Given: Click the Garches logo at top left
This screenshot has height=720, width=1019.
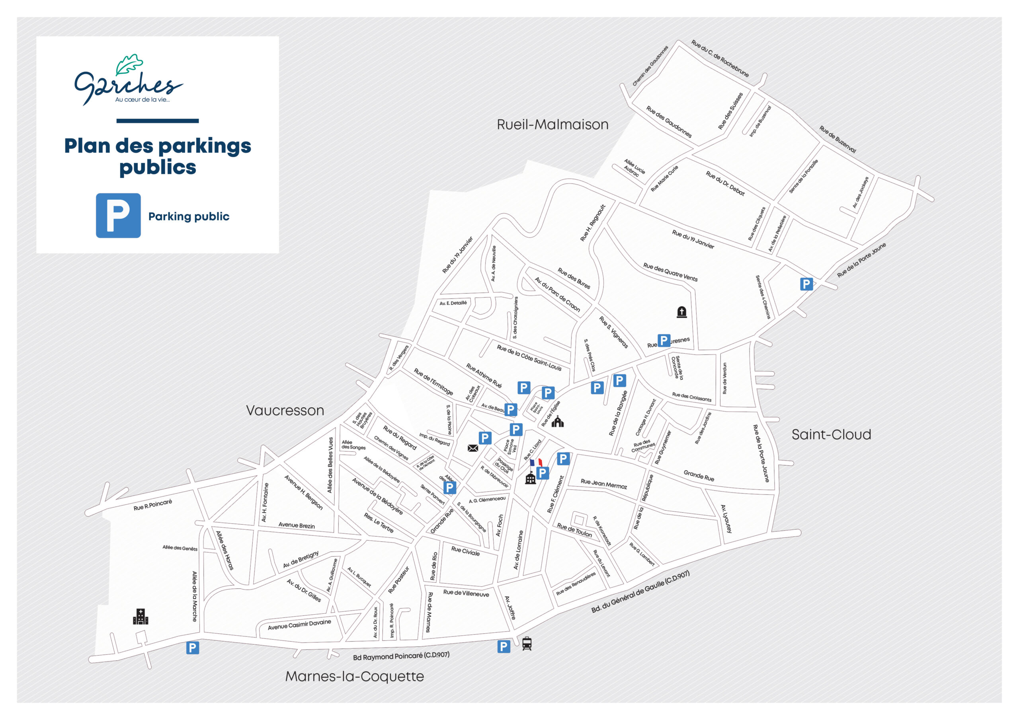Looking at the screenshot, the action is point(128,80).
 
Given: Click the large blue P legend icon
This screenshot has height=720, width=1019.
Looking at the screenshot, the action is point(118,215).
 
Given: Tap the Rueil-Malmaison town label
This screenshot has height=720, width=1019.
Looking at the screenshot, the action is point(552,125).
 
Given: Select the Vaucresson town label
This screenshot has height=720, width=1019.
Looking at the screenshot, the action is point(285,411).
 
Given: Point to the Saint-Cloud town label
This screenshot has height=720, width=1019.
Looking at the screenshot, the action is point(831,434).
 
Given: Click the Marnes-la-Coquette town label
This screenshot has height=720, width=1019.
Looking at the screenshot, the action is point(354,676).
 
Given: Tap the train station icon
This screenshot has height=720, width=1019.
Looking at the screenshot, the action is point(527,643).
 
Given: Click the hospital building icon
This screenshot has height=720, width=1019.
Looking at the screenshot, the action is point(141,617).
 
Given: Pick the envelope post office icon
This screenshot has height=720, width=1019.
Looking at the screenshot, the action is point(472,448).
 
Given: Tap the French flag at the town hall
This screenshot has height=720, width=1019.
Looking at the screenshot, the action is point(536,463).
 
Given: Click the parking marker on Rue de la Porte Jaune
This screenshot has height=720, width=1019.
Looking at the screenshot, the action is point(806,284).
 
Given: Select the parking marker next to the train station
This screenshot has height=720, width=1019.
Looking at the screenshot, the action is point(503,646).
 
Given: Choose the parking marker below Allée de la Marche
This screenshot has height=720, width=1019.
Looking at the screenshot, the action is point(192,648).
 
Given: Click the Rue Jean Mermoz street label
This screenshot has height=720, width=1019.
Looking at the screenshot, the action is point(603,484).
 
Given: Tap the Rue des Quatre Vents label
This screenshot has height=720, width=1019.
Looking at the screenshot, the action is point(670,272).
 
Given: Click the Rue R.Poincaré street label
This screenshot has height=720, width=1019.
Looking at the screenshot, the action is point(153,505).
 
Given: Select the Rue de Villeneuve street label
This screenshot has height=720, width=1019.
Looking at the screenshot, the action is point(466,593).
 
